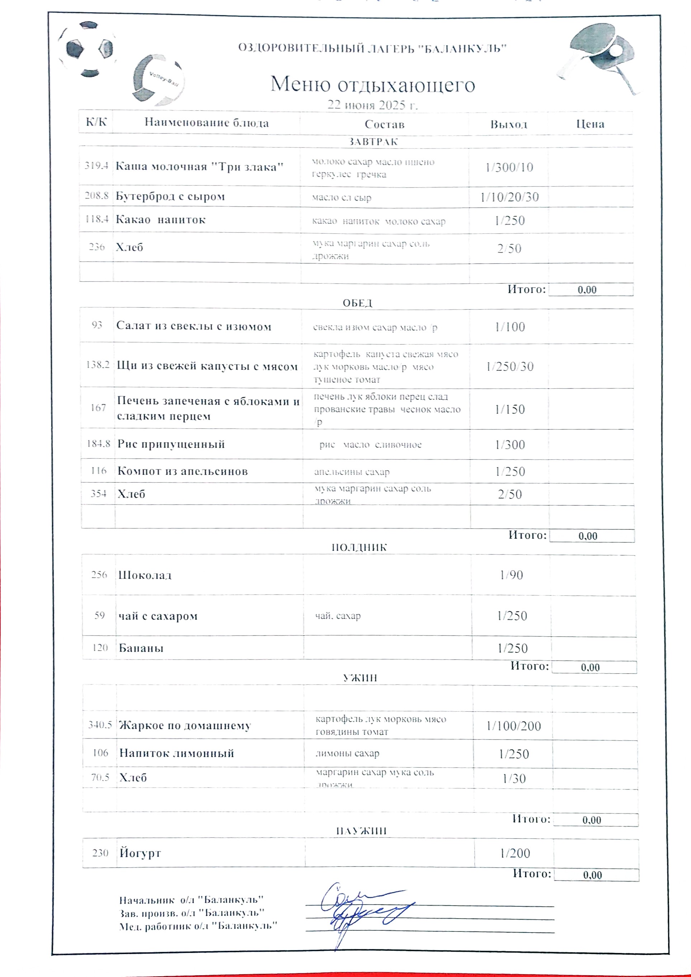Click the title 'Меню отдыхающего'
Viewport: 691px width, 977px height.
pos(372,84)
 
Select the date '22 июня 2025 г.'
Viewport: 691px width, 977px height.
pos(372,105)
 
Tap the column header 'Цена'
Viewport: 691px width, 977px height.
pos(590,124)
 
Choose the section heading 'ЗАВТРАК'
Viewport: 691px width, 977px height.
pos(373,142)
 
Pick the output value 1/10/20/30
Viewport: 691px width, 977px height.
pos(509,197)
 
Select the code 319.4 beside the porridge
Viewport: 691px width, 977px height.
pos(96,166)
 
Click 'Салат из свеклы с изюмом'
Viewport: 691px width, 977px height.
pos(194,326)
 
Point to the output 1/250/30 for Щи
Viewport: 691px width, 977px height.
pos(509,367)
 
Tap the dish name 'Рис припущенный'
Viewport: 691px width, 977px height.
pos(171,444)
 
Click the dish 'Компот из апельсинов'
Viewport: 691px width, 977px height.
pos(182,471)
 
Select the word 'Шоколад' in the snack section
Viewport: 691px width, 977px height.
pos(145,575)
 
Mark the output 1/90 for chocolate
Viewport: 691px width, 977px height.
pos(511,575)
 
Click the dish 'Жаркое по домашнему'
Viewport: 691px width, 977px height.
pos(185,726)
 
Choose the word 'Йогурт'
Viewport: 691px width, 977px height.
pos(140,853)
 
